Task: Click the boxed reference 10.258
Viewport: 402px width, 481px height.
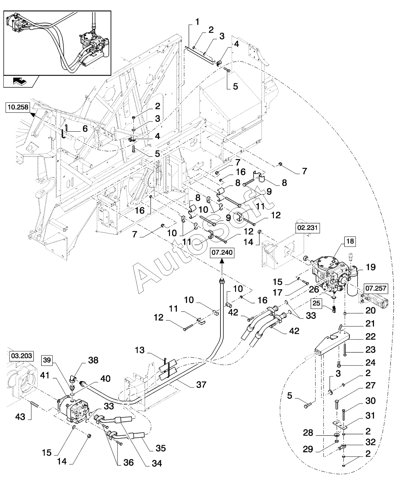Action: pos(18,108)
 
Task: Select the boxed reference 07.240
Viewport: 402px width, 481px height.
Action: pos(222,253)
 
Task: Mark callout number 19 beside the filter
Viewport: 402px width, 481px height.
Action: pos(371,267)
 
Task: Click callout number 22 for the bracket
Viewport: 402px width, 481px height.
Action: pos(371,336)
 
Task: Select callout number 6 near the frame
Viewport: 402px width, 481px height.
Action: pos(85,129)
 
